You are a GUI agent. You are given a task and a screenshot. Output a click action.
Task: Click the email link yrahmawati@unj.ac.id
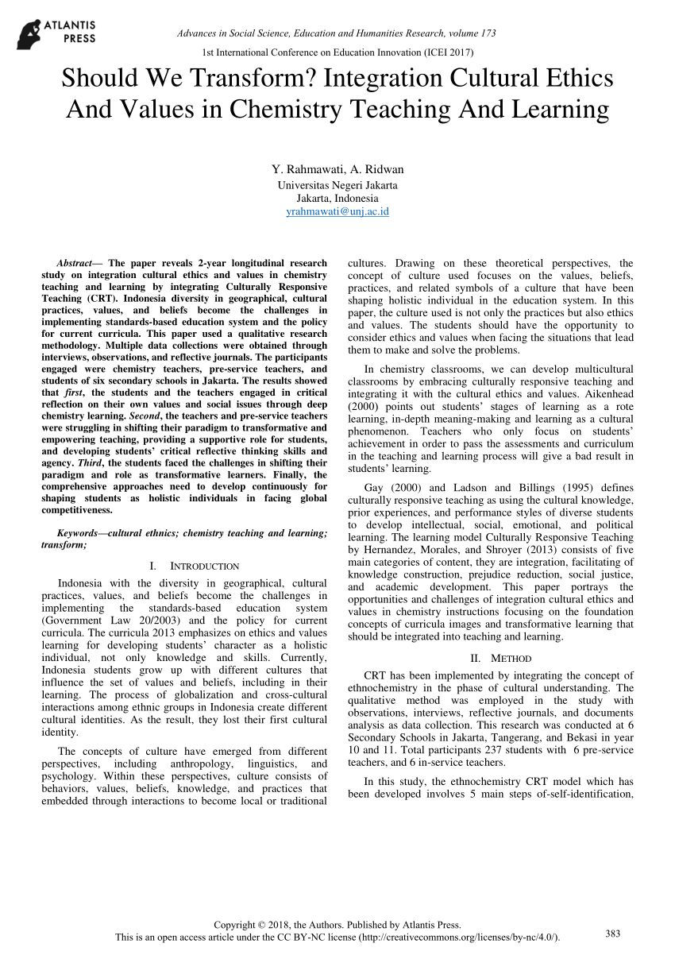pyautogui.click(x=337, y=211)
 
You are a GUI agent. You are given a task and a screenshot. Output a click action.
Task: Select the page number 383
pyautogui.click(x=613, y=932)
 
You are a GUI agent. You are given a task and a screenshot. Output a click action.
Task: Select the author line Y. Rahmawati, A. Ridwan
pyautogui.click(x=337, y=169)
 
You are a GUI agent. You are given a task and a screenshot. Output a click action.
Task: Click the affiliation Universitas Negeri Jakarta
pyautogui.click(x=337, y=185)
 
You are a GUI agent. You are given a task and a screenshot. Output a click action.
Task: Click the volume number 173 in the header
pyautogui.click(x=488, y=33)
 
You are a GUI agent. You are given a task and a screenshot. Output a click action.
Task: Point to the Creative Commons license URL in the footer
pyautogui.click(x=459, y=938)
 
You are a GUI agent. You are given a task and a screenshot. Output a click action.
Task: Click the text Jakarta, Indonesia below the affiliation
pyautogui.click(x=337, y=198)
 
